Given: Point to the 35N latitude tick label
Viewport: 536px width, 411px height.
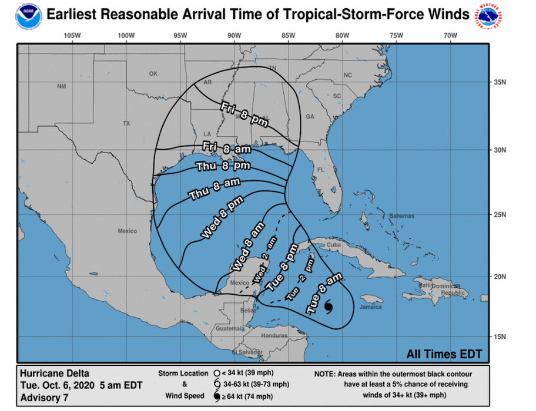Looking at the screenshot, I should pos(501,82).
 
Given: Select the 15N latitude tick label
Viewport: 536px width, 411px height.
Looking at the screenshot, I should pos(501,336).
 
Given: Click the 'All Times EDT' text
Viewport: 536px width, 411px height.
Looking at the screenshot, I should pos(444,353).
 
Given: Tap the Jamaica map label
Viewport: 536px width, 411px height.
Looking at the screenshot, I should pos(371,307).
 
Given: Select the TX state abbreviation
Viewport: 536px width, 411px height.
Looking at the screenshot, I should pos(126,123).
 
